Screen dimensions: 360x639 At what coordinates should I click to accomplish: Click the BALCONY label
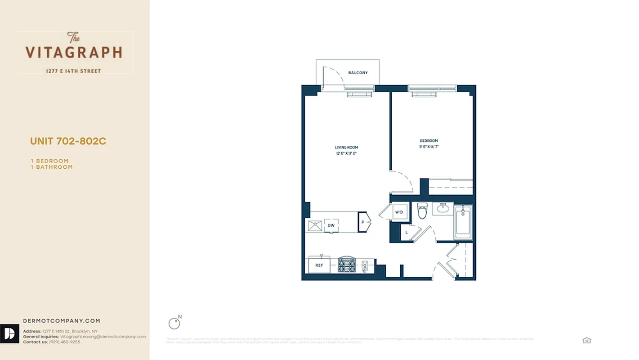pyautogui.click(x=358, y=73)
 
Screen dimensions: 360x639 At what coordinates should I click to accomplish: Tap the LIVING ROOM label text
pyautogui.click(x=346, y=148)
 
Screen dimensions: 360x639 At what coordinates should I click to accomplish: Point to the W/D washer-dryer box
pyautogui.click(x=399, y=212)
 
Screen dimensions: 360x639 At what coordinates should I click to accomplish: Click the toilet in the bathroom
pyautogui.click(x=422, y=211)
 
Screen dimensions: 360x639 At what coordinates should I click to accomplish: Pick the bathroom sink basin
pyautogui.click(x=443, y=208)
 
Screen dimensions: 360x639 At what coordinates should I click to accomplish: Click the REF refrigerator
pyautogui.click(x=319, y=265)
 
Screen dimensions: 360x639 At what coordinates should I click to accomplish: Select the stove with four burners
pyautogui.click(x=346, y=265)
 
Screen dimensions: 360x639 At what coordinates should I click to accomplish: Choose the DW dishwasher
pyautogui.click(x=331, y=225)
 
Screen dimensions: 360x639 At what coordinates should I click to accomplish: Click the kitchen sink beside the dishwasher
pyautogui.click(x=315, y=225)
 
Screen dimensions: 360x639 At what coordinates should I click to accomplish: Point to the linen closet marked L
pyautogui.click(x=407, y=233)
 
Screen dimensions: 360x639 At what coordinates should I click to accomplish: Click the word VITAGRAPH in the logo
pyautogui.click(x=74, y=53)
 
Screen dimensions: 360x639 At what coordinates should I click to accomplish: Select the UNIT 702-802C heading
pyautogui.click(x=68, y=141)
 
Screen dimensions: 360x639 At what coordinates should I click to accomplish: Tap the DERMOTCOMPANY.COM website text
pyautogui.click(x=62, y=321)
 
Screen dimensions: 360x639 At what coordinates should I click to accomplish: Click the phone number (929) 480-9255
pyautogui.click(x=64, y=342)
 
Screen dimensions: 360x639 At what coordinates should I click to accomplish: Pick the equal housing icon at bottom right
pyautogui.click(x=586, y=340)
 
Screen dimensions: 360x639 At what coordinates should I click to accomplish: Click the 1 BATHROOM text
pyautogui.click(x=52, y=167)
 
